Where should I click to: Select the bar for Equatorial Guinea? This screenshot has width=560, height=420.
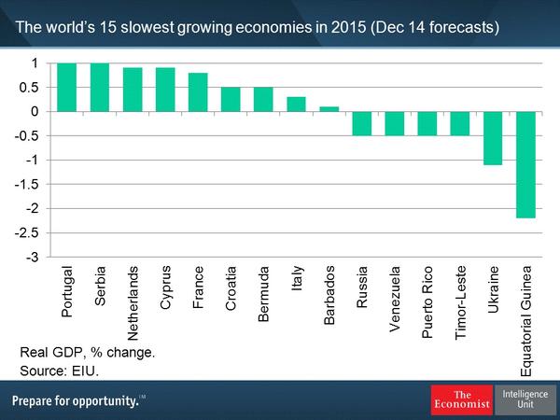pos(526,164)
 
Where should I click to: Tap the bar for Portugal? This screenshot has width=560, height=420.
pos(67,87)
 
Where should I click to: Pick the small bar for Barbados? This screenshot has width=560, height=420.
pos(329,108)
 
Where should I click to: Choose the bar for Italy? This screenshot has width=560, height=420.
pos(296,104)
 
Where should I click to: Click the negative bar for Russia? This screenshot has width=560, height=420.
pos(362,123)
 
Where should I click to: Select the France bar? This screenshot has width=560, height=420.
pos(198,92)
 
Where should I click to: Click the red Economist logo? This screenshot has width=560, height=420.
pos(460,399)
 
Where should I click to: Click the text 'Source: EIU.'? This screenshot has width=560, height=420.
pos(59,371)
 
